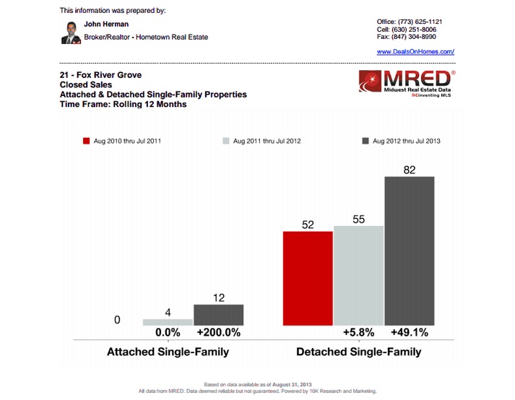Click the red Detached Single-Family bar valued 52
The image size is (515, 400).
coord(308,278)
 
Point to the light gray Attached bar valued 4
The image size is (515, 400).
coord(168,321)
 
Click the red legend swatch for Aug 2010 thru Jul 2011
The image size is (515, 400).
coord(85,142)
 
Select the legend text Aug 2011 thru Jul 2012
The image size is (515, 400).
coord(267,142)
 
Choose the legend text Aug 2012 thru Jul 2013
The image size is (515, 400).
coord(407,142)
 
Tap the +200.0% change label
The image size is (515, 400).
coord(219,334)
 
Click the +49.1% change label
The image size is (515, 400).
coord(410,334)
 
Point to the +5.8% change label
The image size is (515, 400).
coord(358,334)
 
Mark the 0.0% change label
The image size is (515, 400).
coord(168,334)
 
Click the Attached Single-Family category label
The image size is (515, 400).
coord(168,352)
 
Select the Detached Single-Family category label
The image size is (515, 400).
coord(359,352)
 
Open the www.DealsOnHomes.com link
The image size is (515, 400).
coord(415,52)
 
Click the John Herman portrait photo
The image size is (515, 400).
coord(70,32)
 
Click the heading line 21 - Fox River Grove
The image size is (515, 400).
coord(101,74)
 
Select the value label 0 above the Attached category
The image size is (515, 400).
coord(117,319)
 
